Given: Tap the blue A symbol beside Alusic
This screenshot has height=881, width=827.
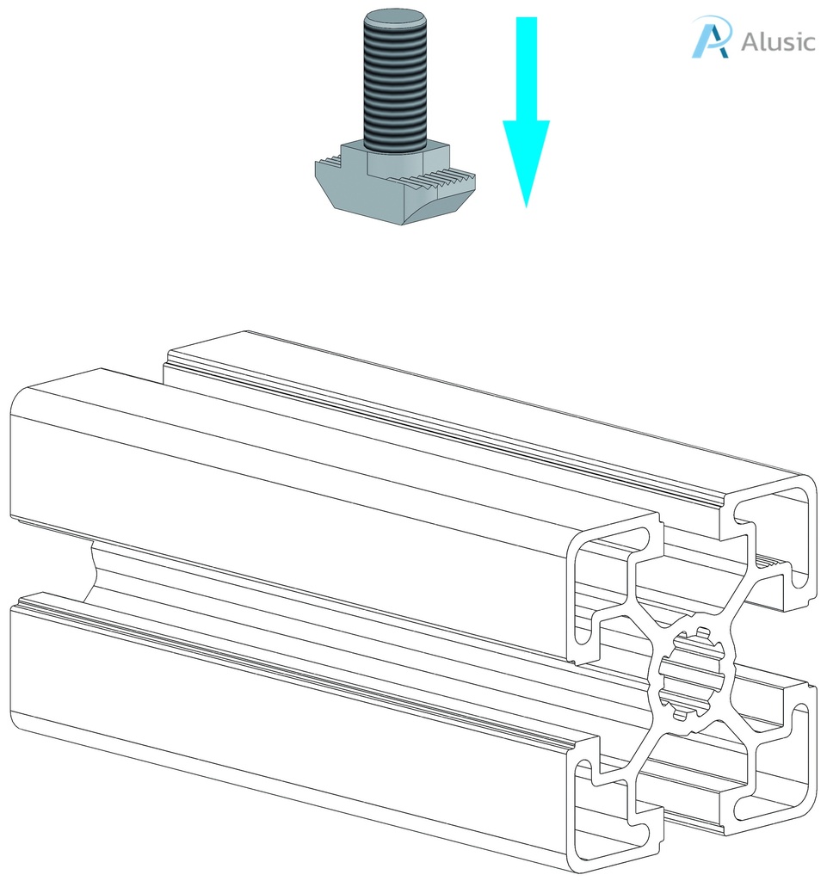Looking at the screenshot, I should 712,37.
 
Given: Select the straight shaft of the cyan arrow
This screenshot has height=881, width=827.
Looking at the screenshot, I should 526,69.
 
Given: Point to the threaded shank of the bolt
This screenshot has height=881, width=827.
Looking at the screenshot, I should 395,86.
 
